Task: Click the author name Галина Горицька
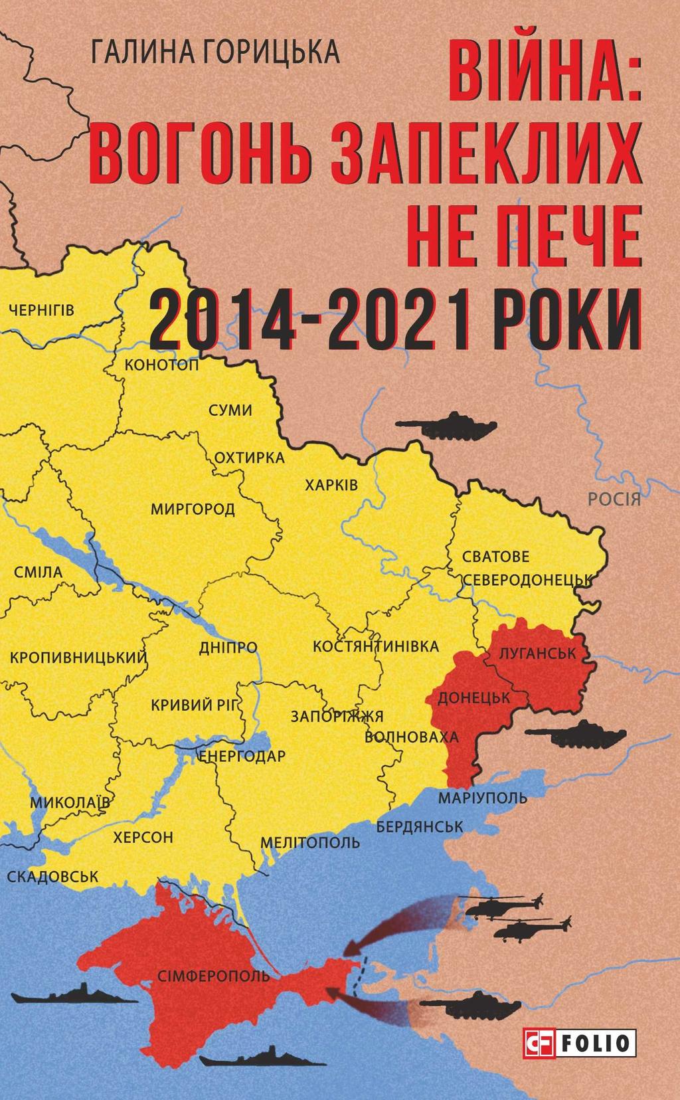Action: (x=216, y=52)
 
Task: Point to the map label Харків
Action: (x=331, y=485)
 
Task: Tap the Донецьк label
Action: (x=473, y=698)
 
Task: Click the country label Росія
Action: (x=614, y=499)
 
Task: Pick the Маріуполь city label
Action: (x=483, y=797)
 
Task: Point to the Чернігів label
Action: (x=42, y=310)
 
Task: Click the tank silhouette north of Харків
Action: (x=446, y=425)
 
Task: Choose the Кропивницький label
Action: (x=78, y=658)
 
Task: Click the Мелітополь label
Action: (x=310, y=843)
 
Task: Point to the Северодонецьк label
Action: (x=527, y=579)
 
